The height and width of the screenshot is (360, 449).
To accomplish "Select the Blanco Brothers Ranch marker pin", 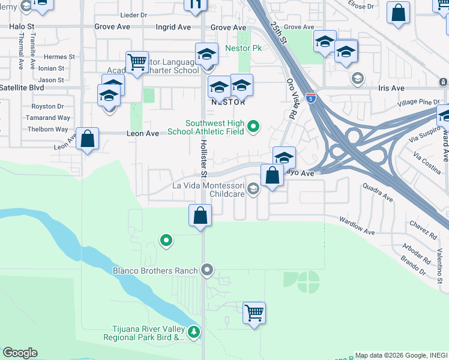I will [207, 271].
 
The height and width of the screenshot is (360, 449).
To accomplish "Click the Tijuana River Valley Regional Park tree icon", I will [193, 331].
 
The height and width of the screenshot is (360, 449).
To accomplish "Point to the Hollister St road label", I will [203, 158].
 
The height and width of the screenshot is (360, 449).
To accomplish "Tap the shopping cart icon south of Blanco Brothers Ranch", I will [254, 312].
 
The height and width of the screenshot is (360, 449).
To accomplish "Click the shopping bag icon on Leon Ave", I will [88, 138].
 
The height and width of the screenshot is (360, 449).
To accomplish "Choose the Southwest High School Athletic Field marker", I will [254, 126].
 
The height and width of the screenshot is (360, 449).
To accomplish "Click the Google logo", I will [20, 353].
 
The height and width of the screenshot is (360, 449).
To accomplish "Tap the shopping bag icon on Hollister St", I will [200, 215].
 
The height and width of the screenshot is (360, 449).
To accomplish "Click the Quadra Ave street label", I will [378, 193].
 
